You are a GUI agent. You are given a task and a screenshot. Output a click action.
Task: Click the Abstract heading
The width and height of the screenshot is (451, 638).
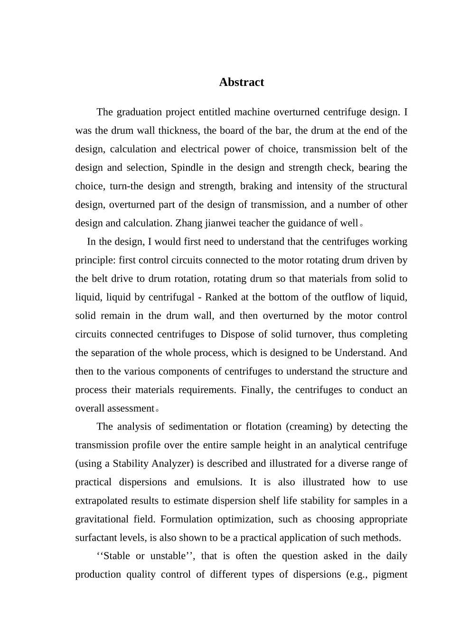pos(241,82)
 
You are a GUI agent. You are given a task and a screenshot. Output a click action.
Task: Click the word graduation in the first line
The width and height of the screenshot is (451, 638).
pos(139,113)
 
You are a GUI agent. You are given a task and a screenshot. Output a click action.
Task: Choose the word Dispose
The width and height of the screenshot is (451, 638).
pos(237,334)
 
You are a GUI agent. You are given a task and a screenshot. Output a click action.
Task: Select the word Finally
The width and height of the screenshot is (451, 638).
pos(256,390)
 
